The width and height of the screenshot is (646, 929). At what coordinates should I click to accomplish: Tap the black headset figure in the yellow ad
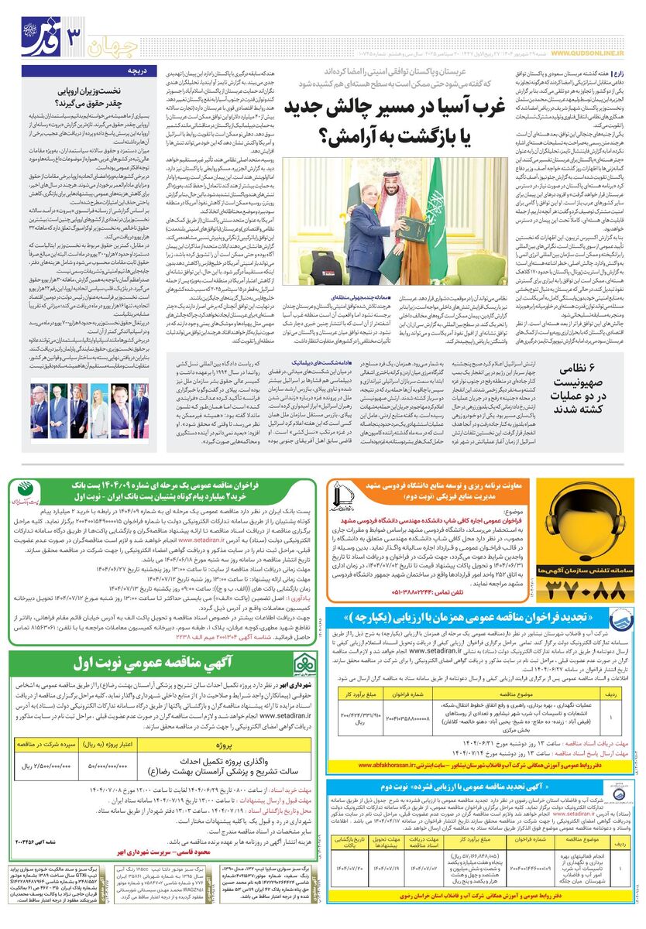[593, 521]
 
